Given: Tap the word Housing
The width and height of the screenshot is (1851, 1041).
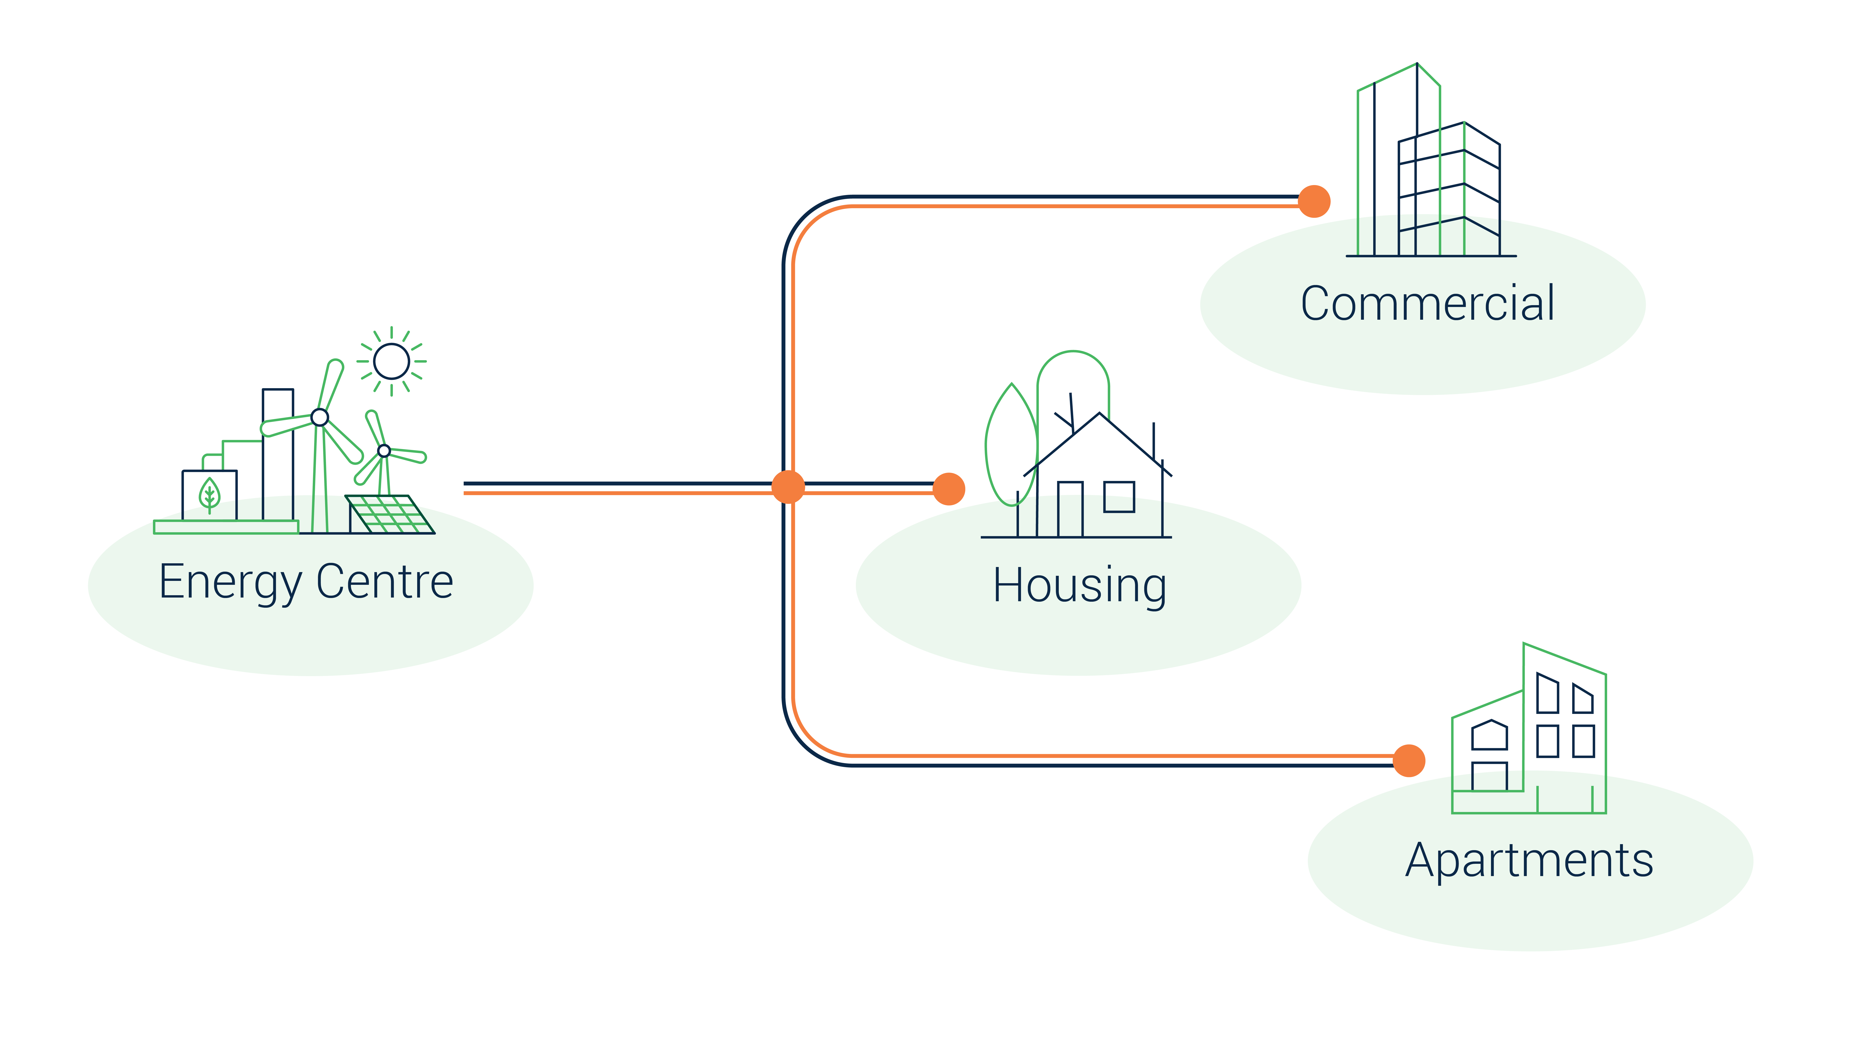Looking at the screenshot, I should pyautogui.click(x=1079, y=586).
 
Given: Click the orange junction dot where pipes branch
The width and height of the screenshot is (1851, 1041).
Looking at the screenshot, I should pyautogui.click(x=788, y=487).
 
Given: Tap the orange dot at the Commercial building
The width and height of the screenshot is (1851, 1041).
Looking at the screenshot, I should pyautogui.click(x=1314, y=201).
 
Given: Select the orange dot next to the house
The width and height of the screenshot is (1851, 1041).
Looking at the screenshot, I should pyautogui.click(x=948, y=489).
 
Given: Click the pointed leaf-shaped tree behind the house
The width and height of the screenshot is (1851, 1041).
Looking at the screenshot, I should pyautogui.click(x=1009, y=438).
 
